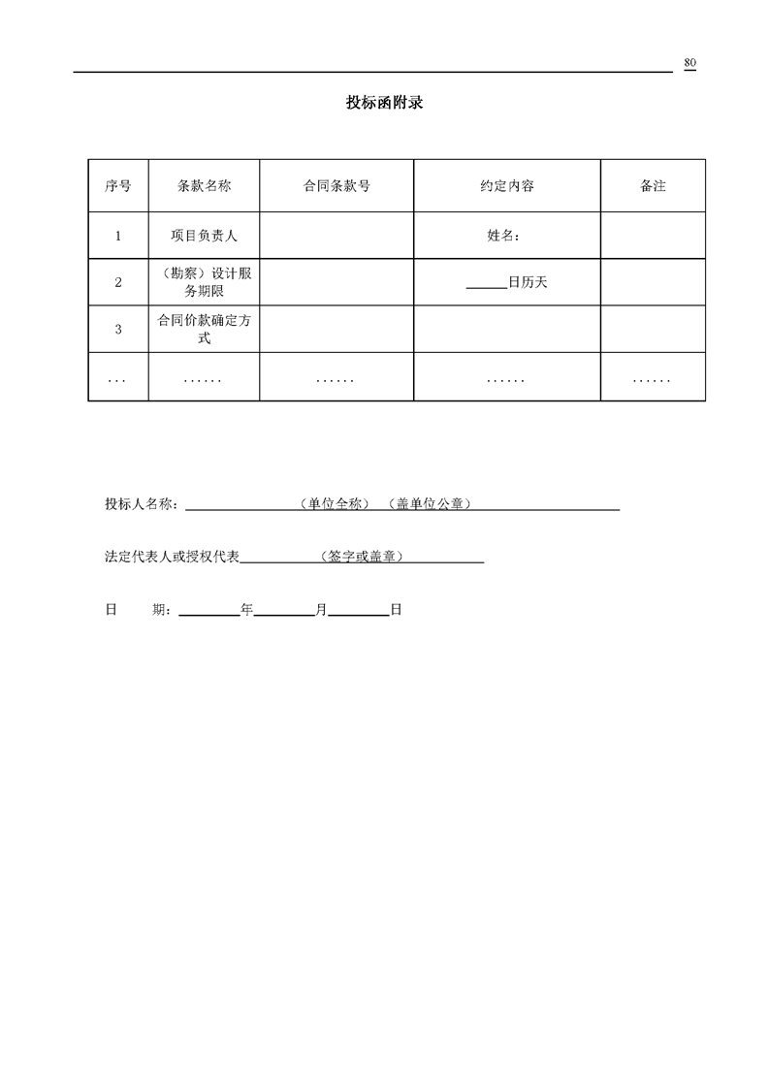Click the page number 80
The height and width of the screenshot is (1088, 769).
689,63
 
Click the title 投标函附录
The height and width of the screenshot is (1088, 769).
384,104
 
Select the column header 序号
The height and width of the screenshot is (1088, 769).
118,185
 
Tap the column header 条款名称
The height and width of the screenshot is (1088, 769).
204,185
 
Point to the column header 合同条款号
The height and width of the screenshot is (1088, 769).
336,185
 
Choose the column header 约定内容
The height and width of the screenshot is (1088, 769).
507,185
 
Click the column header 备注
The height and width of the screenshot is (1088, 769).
653,185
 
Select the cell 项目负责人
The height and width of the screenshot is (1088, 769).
204,235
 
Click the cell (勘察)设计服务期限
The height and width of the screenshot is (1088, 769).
204,282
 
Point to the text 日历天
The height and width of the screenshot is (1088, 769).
528,283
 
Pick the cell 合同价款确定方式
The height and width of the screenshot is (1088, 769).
204,329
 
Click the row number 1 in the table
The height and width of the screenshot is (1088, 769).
118,235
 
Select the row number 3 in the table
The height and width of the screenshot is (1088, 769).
118,330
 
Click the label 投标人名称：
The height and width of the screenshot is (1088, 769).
142,504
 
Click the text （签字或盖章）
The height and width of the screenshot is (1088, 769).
361,558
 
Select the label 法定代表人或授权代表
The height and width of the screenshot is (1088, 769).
172,558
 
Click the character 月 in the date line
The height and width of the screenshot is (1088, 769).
321,610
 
